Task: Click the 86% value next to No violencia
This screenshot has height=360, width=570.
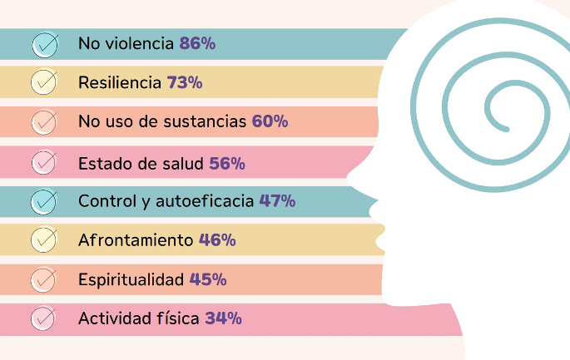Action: [x=197, y=43]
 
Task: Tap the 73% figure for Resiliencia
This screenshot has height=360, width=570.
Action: [x=185, y=82]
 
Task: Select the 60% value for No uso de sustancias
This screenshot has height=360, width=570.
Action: [x=270, y=121]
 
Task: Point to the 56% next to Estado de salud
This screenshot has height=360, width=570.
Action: [x=227, y=162]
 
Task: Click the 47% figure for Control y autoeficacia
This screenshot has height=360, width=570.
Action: [x=277, y=200]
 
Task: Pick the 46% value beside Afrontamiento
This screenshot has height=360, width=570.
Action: [x=217, y=240]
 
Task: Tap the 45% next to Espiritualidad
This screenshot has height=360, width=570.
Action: [x=208, y=279]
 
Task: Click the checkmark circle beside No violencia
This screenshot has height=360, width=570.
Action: [x=43, y=44]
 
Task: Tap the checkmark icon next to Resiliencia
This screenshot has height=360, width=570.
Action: [x=43, y=83]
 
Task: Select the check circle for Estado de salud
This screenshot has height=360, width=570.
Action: [x=43, y=162]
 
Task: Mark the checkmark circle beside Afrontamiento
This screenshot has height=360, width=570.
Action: [x=43, y=240]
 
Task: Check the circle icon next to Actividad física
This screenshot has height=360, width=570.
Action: [x=43, y=318]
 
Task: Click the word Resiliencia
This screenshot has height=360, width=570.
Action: [x=119, y=82]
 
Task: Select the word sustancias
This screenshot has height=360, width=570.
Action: [x=207, y=121]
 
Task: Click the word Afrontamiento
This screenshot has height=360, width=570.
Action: [x=136, y=240]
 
